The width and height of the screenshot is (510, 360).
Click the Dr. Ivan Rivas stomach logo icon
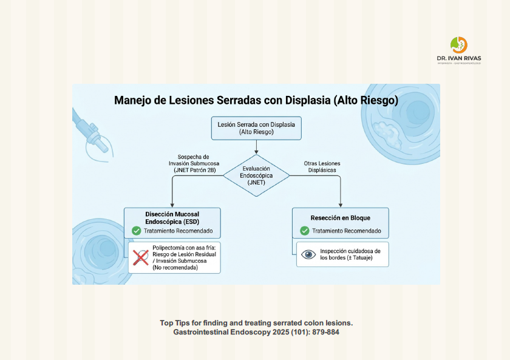tap(458, 45)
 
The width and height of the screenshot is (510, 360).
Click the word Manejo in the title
tap(132, 101)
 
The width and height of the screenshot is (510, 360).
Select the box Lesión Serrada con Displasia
tap(256, 128)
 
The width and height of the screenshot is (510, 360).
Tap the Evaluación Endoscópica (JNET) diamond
tap(256, 175)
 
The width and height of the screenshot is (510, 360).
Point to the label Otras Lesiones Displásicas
tap(322, 167)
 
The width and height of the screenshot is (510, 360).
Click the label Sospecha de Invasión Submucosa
tap(194, 163)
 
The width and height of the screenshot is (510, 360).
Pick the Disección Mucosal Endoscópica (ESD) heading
tap(172, 218)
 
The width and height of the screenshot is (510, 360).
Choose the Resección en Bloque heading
tap(340, 218)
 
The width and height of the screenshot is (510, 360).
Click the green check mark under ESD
tap(136, 231)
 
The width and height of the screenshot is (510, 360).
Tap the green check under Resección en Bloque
tap(304, 231)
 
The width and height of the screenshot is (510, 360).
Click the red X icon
tap(141, 257)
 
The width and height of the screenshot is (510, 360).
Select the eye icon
tap(308, 254)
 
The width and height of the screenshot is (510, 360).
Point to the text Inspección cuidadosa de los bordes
tap(350, 254)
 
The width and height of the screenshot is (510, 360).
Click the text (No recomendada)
tap(175, 268)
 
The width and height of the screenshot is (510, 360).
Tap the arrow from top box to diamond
tap(256, 147)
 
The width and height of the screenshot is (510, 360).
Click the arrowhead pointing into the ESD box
tap(172, 205)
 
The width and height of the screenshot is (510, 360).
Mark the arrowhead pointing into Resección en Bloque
tap(341, 205)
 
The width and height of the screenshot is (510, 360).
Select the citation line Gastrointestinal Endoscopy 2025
tap(256, 332)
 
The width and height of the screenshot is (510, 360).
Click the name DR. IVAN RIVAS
tap(459, 58)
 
